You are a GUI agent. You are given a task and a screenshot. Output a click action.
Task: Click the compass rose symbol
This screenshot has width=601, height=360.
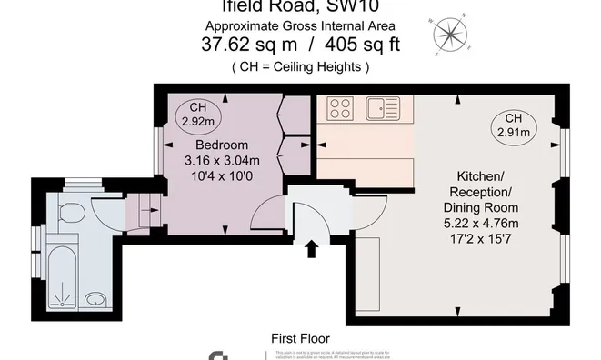(448, 34)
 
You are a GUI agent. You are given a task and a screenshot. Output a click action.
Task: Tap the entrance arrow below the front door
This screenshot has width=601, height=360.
(311, 247)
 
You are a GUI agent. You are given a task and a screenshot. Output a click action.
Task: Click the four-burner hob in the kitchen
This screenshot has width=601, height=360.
(340, 109)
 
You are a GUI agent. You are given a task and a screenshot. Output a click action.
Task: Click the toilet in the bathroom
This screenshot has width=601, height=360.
(71, 213)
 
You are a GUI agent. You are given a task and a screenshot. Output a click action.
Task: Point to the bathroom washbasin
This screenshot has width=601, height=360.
(95, 299)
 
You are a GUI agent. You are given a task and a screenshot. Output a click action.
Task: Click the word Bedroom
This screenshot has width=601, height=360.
(222, 145)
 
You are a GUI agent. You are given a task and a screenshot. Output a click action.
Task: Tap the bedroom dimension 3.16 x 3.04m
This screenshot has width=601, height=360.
(222, 161)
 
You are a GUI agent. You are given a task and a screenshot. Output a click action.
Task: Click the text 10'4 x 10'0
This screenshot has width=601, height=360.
(222, 177)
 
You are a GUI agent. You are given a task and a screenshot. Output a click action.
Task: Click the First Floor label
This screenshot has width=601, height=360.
(299, 338)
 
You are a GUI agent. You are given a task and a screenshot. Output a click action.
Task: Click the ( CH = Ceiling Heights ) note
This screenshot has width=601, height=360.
(301, 66)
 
